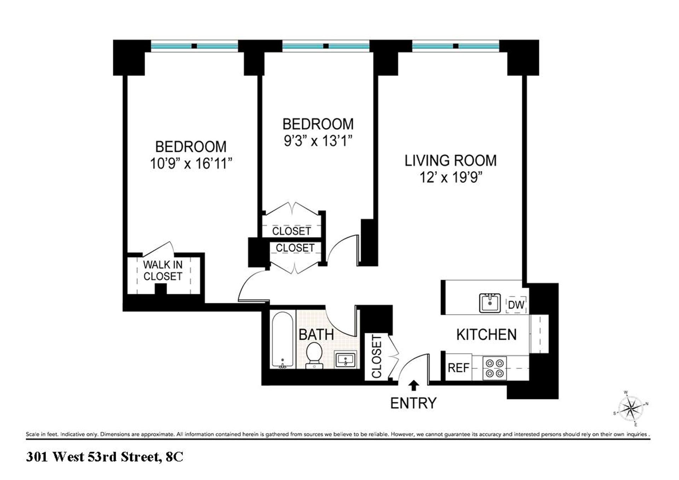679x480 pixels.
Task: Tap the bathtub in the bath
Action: (x=282, y=340)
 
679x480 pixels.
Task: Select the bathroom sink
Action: (x=345, y=360)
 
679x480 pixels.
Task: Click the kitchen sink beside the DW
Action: (x=490, y=303)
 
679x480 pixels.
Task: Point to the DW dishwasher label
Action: (x=516, y=305)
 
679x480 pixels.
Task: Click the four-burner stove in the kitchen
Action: (x=494, y=368)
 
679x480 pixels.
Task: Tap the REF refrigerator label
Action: (x=458, y=368)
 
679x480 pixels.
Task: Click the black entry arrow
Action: (x=414, y=385)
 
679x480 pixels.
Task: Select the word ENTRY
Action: (x=413, y=403)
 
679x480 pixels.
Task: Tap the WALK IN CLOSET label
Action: (x=163, y=270)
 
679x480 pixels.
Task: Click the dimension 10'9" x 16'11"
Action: (x=191, y=164)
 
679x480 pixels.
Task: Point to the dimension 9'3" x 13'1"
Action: (x=318, y=141)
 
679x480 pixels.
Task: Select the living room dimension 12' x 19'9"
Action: (x=451, y=177)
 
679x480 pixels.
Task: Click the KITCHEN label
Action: (x=486, y=335)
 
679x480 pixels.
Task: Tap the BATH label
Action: (x=316, y=335)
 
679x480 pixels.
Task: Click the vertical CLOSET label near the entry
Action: (x=377, y=357)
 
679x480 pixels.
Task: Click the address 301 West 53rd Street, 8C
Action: (x=105, y=457)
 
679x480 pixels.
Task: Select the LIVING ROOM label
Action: (x=451, y=161)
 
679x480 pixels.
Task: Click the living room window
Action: (x=455, y=46)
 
